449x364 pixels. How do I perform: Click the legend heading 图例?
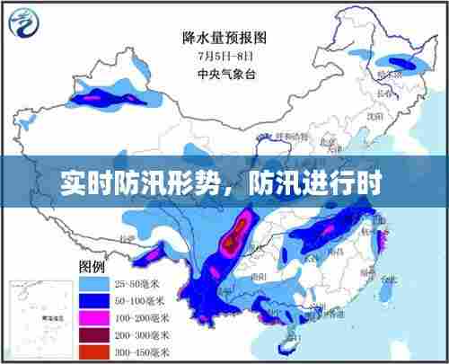[x=92, y=268]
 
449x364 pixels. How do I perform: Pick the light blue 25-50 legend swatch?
[x=93, y=283]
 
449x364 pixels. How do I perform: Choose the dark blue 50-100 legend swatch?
[x=93, y=299]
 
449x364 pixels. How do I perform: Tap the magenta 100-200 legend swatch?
[x=93, y=315]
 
